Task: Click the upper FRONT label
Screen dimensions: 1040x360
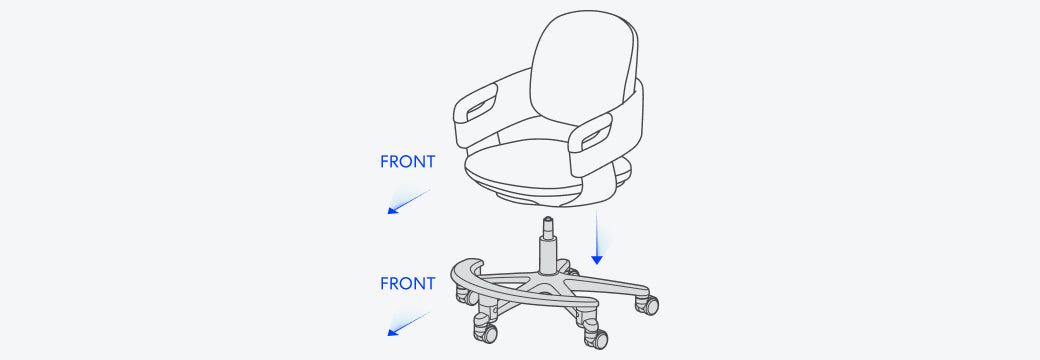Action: (407, 162)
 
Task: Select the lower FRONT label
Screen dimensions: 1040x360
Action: (407, 284)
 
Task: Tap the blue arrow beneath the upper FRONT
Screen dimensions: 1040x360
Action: (409, 202)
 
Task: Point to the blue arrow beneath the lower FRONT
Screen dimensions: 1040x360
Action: (409, 324)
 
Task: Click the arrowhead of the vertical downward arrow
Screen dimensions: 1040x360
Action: (597, 259)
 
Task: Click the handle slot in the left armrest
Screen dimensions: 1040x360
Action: (482, 107)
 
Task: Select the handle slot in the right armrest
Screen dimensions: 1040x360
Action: (596, 136)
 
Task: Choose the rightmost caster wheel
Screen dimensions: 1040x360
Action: (648, 304)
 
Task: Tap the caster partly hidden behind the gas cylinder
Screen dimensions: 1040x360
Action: (569, 269)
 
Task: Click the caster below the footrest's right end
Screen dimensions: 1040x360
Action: (596, 338)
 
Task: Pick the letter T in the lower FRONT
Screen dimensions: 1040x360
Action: (430, 284)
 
